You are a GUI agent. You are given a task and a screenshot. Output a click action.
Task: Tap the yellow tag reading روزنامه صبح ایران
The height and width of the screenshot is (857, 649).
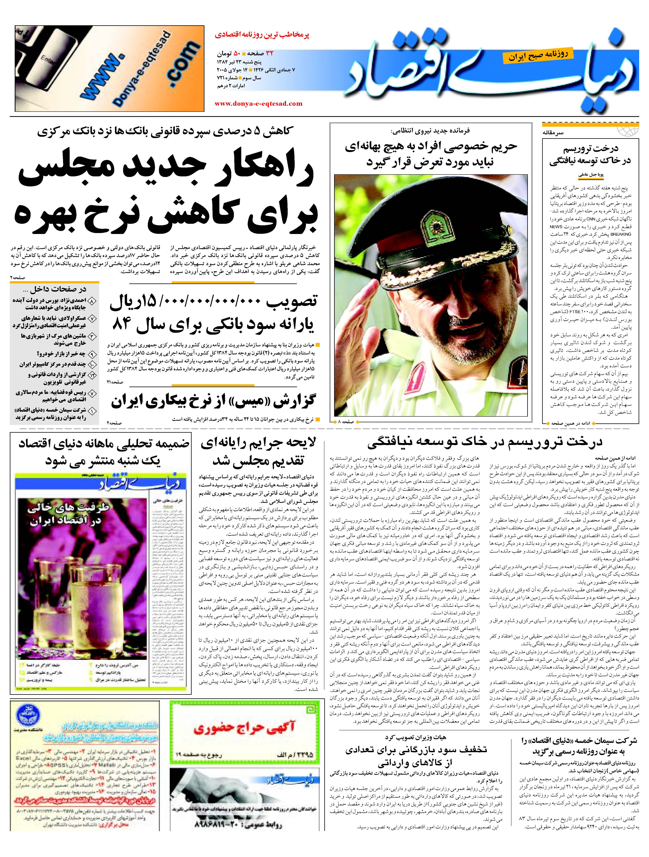pos(536,55)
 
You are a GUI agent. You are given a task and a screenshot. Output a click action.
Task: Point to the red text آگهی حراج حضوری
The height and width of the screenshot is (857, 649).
pos(244,728)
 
